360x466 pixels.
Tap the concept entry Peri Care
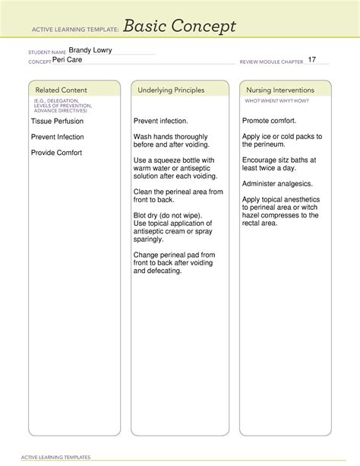coord(68,59)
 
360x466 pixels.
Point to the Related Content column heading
coord(58,90)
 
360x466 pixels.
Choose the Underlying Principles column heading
coord(171,90)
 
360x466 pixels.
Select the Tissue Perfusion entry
coord(57,121)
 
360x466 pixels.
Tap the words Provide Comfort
coord(56,153)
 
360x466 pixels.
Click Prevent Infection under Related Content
coord(57,137)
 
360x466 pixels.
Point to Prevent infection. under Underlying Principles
coord(161,121)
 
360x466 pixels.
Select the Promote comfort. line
coord(270,121)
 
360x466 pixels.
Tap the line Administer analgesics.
coord(276,184)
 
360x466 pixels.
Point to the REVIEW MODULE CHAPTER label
coord(270,61)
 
